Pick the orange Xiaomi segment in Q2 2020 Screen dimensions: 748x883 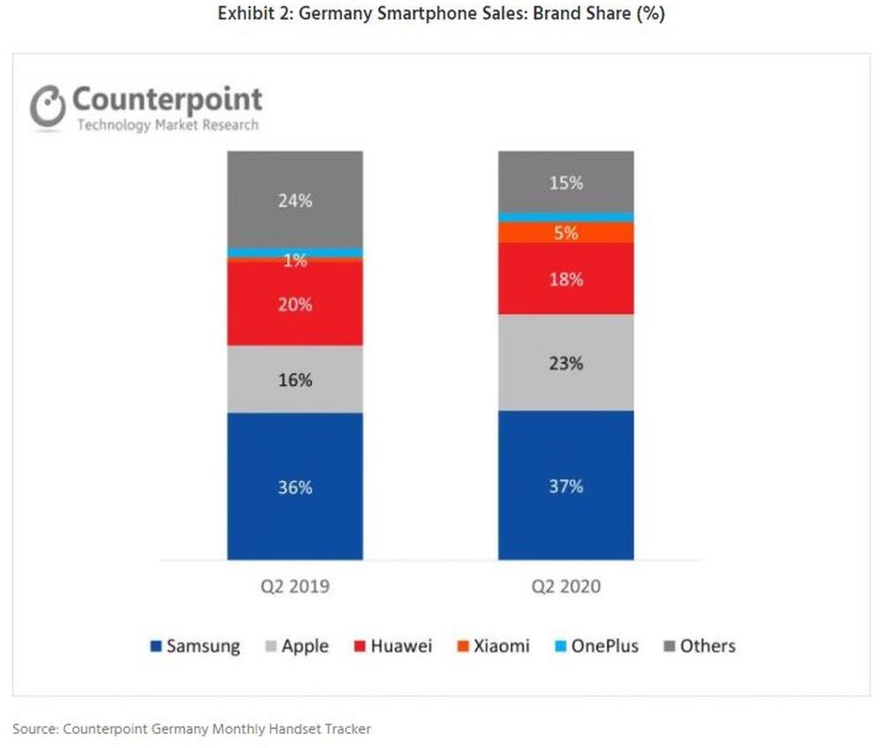point(566,232)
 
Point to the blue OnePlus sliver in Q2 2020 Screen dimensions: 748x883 point(566,216)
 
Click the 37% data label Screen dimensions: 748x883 point(566,487)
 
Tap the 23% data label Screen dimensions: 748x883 point(566,363)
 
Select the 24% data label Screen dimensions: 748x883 point(295,200)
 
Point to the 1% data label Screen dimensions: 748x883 point(295,261)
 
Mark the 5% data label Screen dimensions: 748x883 point(566,233)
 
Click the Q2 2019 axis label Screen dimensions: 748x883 point(295,586)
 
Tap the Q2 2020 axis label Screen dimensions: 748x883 point(566,586)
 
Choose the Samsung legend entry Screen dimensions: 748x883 point(195,646)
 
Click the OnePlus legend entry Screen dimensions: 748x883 point(595,646)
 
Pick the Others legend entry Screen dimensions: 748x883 point(698,646)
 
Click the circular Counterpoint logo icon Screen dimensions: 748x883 point(48,106)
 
